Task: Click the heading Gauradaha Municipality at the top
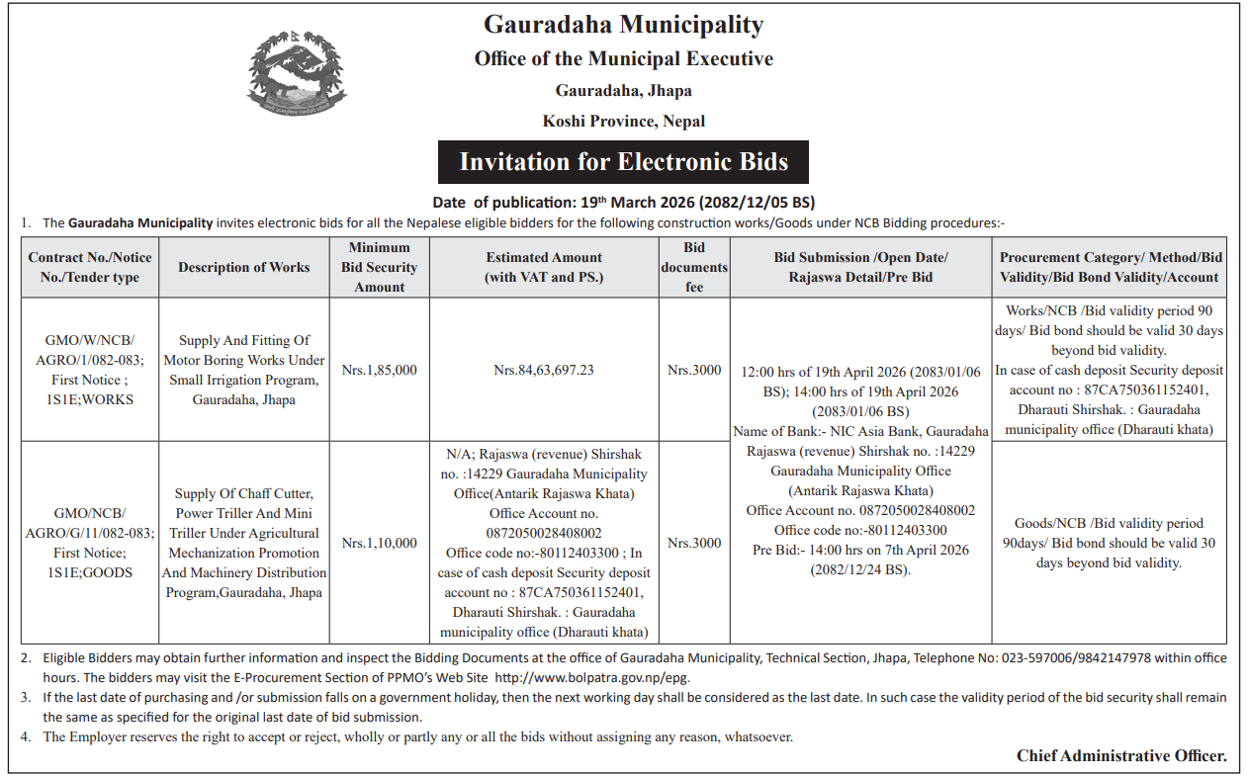623,25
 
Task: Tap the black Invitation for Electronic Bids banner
623,162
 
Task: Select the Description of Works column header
244,267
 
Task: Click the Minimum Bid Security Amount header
379,267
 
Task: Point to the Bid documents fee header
694,267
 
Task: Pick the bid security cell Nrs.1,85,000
379,371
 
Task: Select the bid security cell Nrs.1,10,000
379,543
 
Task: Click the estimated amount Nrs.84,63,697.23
544,371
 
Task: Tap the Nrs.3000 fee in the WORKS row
694,371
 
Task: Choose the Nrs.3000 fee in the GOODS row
694,543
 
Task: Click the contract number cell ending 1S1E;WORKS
90,371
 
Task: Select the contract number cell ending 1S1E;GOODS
90,543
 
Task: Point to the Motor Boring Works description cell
244,371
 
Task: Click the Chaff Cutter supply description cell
244,543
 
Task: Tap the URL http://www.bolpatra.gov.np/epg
592,678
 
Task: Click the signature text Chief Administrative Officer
1121,756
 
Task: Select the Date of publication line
623,203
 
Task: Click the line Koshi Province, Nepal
623,122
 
